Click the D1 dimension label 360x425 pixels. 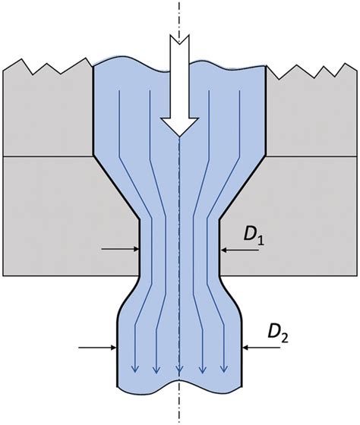pos(254,235)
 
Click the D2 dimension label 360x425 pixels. pos(278,333)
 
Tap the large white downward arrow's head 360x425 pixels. pos(179,127)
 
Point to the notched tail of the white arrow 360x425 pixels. pos(179,39)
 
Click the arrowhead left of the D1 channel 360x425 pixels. pos(137,249)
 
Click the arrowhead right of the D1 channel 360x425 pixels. pos(223,250)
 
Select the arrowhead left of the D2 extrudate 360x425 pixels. pos(114,348)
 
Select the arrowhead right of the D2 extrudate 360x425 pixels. pos(245,348)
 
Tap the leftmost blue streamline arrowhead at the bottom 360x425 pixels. pos(135,368)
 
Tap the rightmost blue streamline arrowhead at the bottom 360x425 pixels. pos(223,368)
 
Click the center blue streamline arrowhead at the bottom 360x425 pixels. pos(178,369)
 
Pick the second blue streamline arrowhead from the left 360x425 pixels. pos(156,369)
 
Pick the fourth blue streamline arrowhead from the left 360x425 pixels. pos(202,369)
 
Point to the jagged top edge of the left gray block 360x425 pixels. pos(47,67)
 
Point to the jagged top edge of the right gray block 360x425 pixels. pos(311,71)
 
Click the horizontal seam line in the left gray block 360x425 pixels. pos(48,156)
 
